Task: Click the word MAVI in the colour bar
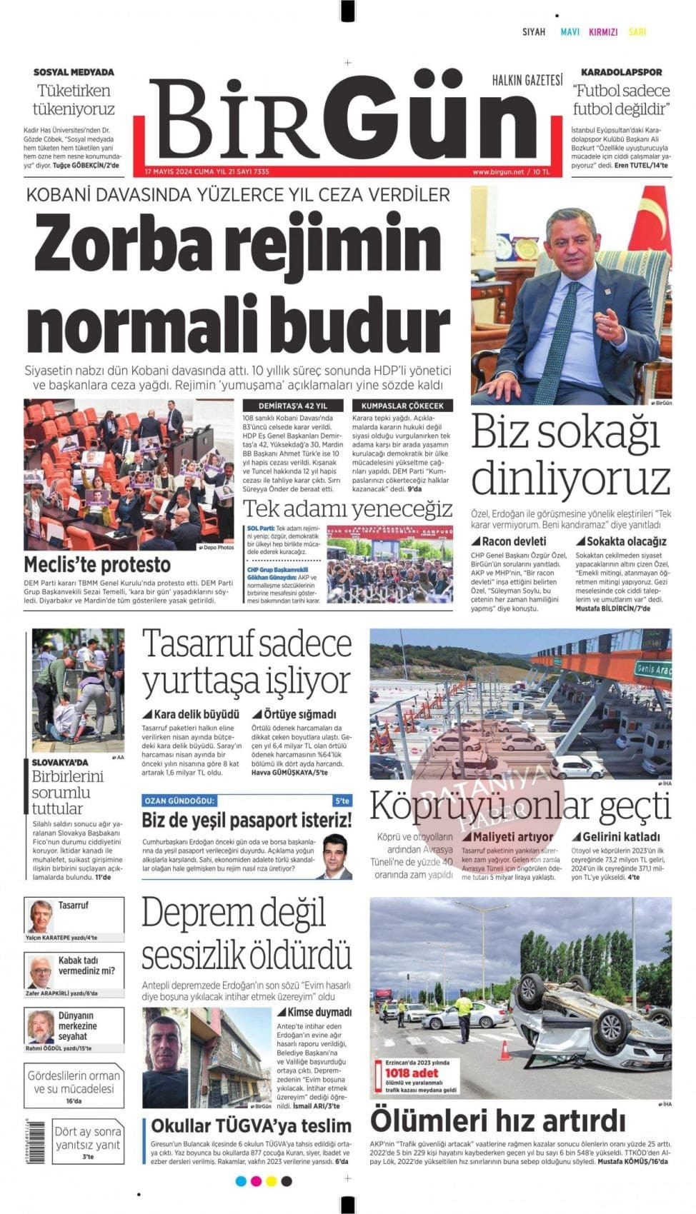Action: (x=570, y=32)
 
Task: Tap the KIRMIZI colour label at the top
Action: (x=603, y=32)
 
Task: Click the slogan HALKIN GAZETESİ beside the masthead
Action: (x=527, y=81)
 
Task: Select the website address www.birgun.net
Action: (x=498, y=172)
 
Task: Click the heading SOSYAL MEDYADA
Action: (x=74, y=72)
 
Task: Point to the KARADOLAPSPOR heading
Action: (x=621, y=72)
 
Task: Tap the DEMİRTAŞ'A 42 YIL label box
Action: (x=293, y=406)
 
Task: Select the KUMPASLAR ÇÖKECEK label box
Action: (x=402, y=406)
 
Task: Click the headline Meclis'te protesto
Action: (x=97, y=565)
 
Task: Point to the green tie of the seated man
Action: (x=569, y=328)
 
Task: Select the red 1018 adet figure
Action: (x=411, y=1073)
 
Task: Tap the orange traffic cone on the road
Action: (x=504, y=1050)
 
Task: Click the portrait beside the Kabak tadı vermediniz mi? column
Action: (x=41, y=972)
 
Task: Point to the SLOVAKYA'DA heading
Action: (x=60, y=762)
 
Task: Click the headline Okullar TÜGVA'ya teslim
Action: (x=251, y=1126)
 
